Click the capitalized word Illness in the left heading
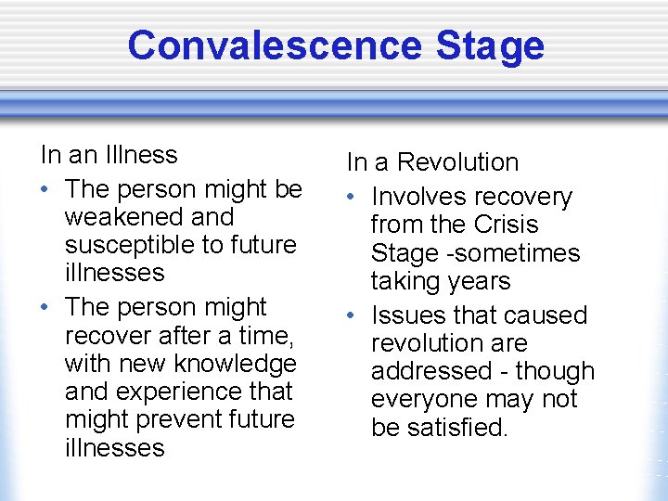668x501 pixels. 140,154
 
